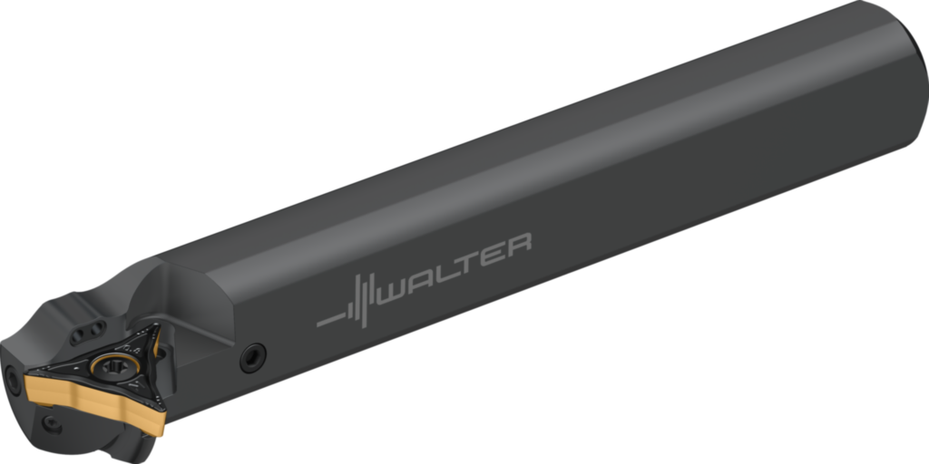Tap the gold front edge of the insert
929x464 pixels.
[91, 399]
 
